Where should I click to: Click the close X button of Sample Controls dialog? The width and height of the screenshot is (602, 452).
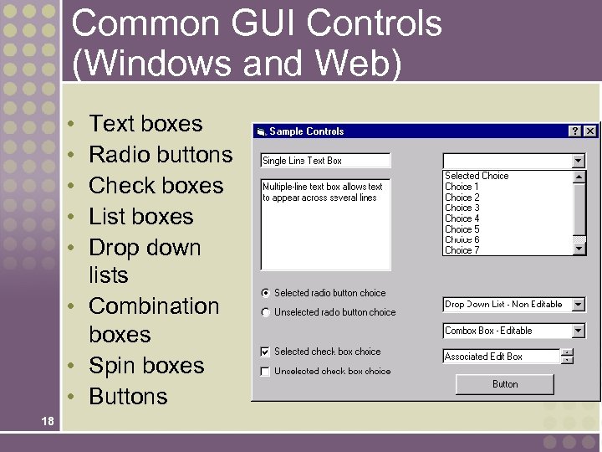pyautogui.click(x=590, y=131)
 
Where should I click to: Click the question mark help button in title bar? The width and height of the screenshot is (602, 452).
pyautogui.click(x=575, y=131)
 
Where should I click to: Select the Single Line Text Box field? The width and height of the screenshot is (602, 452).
pyautogui.click(x=325, y=161)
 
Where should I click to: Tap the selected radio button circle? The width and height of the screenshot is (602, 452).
pyautogui.click(x=266, y=293)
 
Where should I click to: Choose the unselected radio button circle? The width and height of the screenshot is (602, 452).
pyautogui.click(x=266, y=312)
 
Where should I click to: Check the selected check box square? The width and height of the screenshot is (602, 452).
pyautogui.click(x=266, y=352)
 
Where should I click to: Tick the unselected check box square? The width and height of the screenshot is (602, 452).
pyautogui.click(x=266, y=371)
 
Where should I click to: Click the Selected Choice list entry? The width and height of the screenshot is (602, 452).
pyautogui.click(x=477, y=176)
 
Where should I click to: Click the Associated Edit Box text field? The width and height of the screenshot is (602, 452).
pyautogui.click(x=500, y=357)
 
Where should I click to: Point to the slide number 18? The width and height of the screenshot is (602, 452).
pyautogui.click(x=47, y=422)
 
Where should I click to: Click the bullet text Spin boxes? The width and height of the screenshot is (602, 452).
pyautogui.click(x=146, y=366)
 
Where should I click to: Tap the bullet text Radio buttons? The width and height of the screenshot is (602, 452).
pyautogui.click(x=161, y=155)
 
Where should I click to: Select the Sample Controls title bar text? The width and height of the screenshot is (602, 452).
pyautogui.click(x=306, y=131)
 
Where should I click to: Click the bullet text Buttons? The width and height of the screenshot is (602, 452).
pyautogui.click(x=128, y=397)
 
